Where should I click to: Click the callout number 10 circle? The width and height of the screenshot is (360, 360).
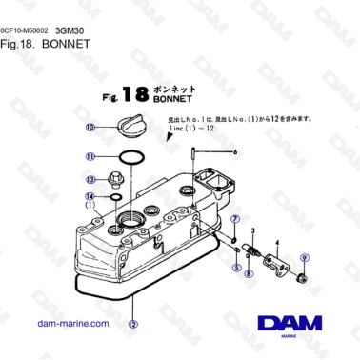tap(90, 128)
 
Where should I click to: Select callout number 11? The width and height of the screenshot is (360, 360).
tap(90, 157)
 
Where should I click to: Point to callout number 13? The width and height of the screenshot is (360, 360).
tap(91, 178)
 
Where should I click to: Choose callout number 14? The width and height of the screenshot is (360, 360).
tap(91, 196)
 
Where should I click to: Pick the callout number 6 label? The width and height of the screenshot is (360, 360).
tap(234, 152)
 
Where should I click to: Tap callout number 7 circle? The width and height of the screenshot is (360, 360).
tap(234, 221)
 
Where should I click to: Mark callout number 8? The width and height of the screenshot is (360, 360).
tap(249, 273)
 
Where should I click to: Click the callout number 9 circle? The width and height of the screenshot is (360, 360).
tap(305, 257)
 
